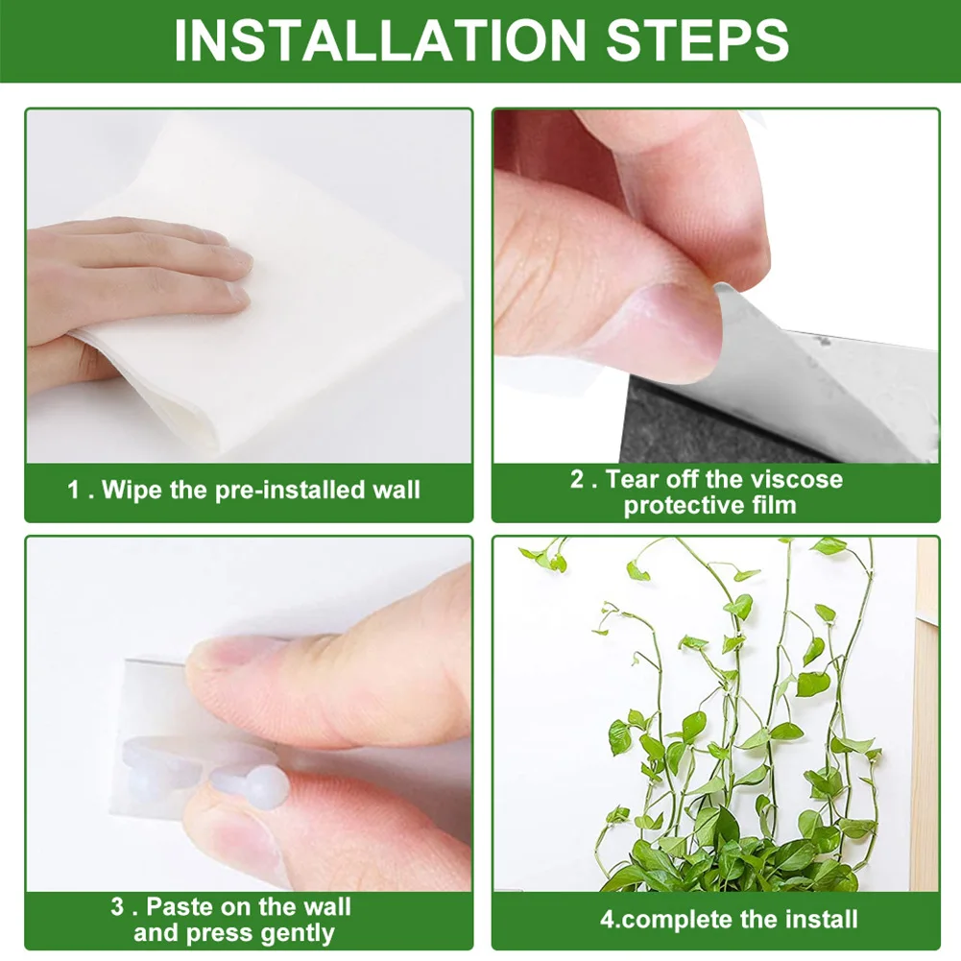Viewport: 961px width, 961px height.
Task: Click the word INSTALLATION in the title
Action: [x=379, y=40]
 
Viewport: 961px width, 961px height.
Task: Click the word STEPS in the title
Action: [x=692, y=40]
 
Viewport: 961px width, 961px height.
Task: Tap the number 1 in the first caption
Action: [x=74, y=491]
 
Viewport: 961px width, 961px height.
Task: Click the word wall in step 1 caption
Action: [x=396, y=491]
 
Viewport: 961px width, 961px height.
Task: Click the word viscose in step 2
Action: [x=794, y=479]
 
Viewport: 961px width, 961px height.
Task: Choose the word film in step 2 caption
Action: [x=774, y=505]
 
